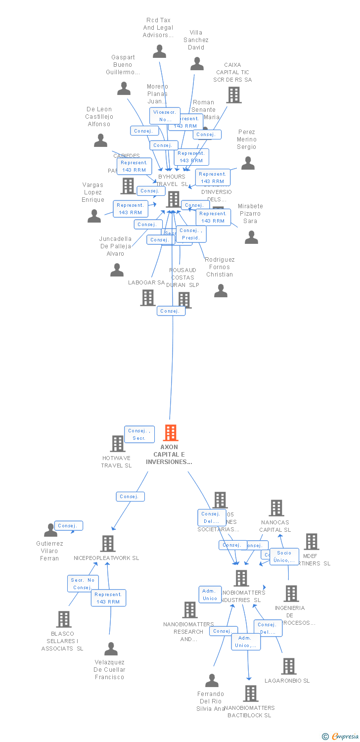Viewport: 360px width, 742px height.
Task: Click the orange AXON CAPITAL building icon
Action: (171, 433)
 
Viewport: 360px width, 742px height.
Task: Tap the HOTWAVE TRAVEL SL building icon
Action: (117, 444)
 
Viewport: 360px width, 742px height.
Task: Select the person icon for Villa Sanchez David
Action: (197, 64)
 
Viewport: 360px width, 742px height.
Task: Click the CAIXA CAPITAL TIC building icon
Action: (233, 95)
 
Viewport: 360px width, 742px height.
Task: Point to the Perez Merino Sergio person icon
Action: (248, 163)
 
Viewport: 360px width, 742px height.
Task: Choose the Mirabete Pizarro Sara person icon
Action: (251, 237)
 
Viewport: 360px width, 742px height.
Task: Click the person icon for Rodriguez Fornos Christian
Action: (221, 291)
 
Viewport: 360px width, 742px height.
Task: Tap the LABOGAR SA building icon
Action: (147, 298)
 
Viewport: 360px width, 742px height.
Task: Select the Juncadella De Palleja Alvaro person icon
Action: (117, 270)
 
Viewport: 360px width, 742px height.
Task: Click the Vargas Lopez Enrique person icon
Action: (94, 216)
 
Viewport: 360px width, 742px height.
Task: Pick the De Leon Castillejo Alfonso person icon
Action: (100, 140)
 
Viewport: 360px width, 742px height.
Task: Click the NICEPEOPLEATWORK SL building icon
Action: (107, 544)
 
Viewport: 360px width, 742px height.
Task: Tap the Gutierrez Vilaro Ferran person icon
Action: (50, 530)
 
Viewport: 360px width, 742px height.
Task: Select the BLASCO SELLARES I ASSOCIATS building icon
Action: (63, 619)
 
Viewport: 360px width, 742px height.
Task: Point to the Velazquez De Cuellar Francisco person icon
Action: (111, 649)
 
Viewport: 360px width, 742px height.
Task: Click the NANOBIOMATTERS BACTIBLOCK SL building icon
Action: (251, 694)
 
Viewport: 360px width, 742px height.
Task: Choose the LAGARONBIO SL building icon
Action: (288, 666)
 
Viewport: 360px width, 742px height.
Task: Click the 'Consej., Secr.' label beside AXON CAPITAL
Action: (139, 434)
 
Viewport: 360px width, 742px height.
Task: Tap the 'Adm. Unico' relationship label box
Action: (210, 595)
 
